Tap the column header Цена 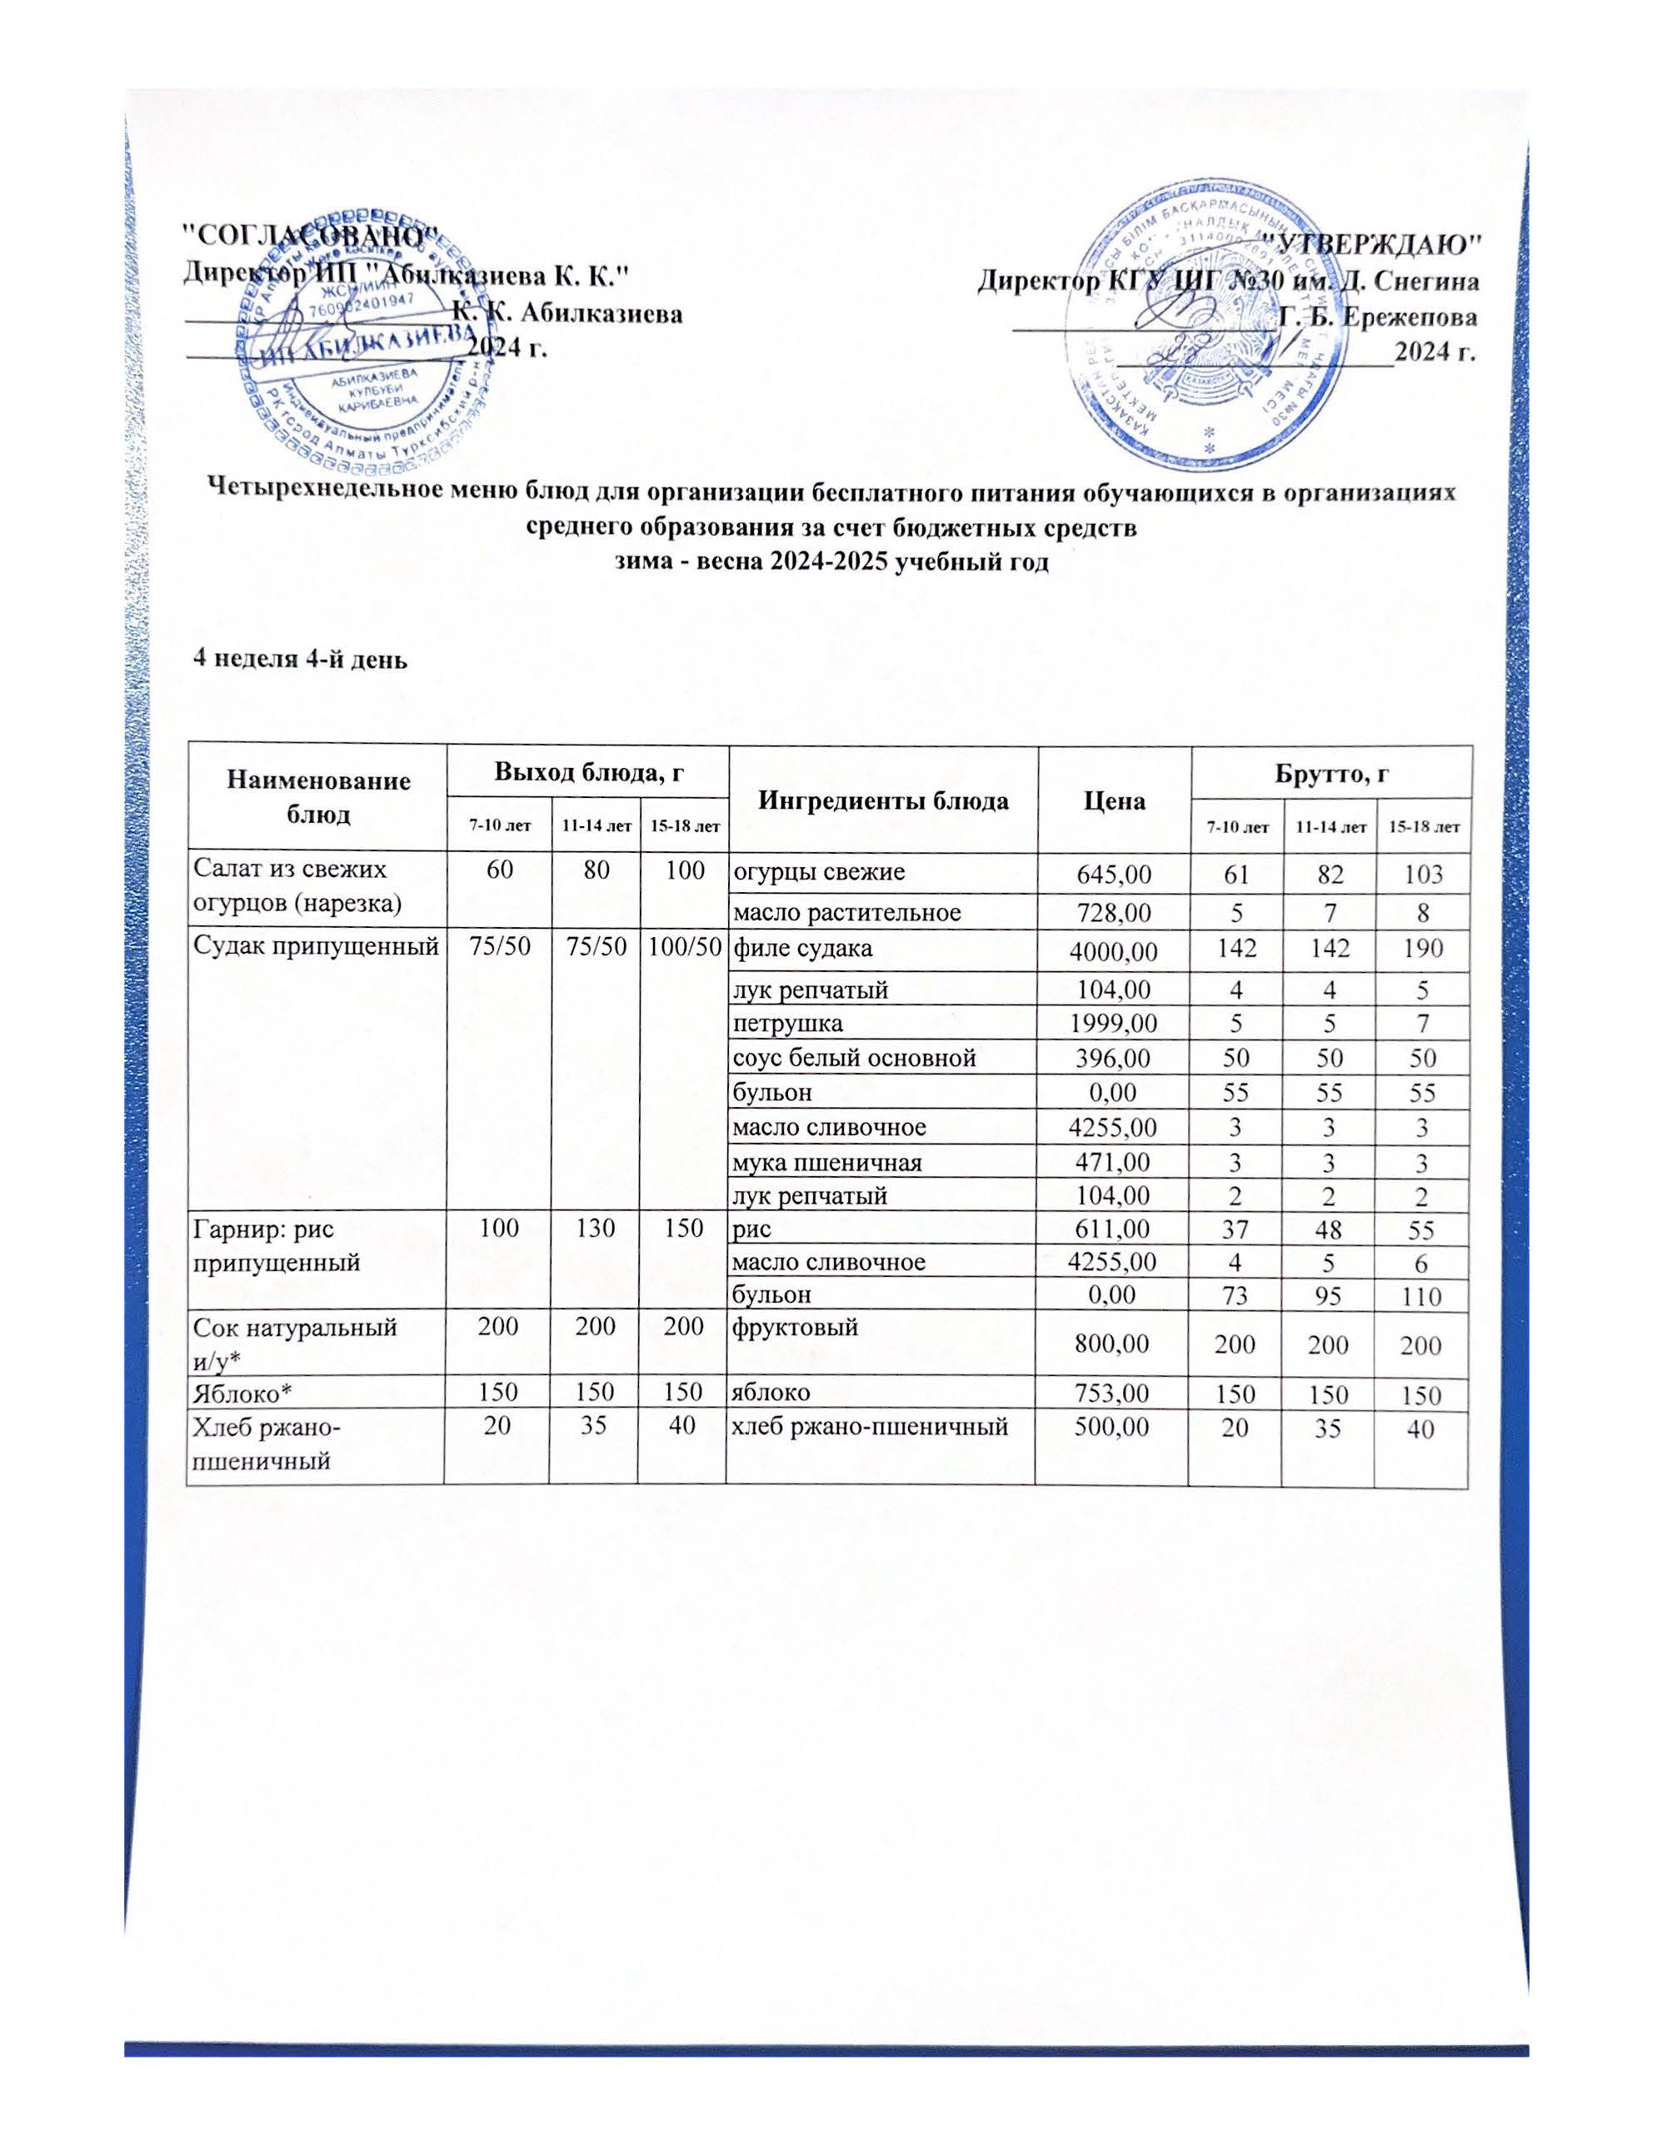pos(1114,801)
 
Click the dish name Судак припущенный pos(315,948)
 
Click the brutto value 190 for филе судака pos(1422,950)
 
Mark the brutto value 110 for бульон pos(1422,1297)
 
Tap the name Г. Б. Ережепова pos(1380,318)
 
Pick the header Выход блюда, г pos(588,773)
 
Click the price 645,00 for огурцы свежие pos(1114,874)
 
